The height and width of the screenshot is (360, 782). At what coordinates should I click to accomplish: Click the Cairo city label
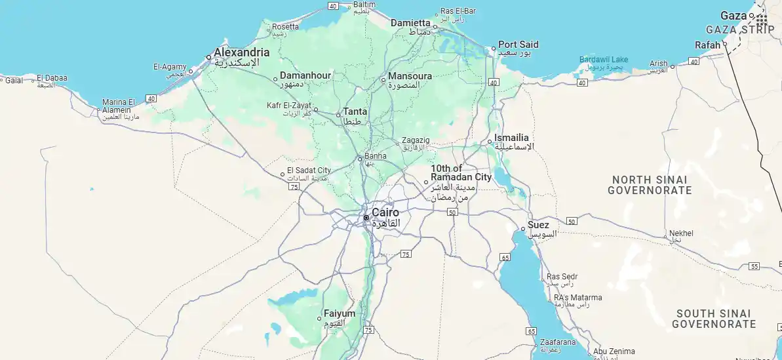coord(385,212)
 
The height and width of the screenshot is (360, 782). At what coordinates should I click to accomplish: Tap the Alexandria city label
coord(241,52)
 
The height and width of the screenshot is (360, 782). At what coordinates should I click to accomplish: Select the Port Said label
coord(518,45)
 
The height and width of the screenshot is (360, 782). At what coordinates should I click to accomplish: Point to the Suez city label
coord(538,225)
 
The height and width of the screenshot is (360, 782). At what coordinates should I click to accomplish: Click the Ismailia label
coord(511,138)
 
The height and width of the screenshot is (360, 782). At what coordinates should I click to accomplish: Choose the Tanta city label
coord(355,111)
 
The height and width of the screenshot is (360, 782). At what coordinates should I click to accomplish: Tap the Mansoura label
coord(410,76)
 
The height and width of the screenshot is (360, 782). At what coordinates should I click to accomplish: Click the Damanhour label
coord(305,75)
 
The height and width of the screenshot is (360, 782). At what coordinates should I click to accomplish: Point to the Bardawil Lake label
coord(603,60)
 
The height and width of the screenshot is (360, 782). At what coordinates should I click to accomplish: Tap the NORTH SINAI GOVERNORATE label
coord(649,185)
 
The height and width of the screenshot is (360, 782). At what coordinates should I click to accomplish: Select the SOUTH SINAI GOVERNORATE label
coord(714,319)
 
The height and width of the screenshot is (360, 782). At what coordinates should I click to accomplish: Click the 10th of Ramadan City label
coord(461,172)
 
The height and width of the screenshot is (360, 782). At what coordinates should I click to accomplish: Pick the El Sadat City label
coord(309,170)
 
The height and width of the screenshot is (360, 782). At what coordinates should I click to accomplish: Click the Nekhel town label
coord(682,233)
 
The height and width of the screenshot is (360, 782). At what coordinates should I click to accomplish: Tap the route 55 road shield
coord(754,266)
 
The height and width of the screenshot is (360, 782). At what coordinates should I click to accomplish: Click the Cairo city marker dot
coord(366,218)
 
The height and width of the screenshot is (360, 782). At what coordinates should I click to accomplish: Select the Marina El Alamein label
coord(119,106)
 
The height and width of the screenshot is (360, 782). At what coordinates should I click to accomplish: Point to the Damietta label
coord(410,23)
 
